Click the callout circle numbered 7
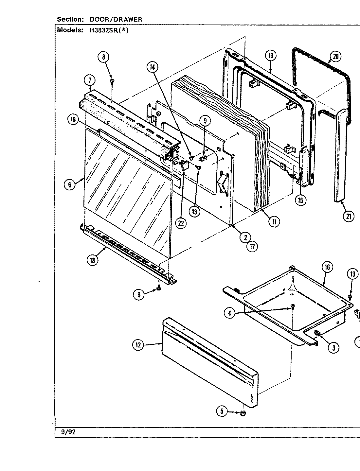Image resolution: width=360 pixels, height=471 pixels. tap(89, 80)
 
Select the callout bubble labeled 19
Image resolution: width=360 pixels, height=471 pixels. tap(73, 120)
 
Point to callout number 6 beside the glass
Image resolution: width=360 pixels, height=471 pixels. tap(70, 184)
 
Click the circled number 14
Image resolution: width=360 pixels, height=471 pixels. tap(152, 67)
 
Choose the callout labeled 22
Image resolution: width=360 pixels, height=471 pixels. tap(180, 223)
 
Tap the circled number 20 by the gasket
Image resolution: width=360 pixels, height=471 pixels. tap(335, 57)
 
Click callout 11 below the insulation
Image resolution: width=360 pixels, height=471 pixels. tap(274, 222)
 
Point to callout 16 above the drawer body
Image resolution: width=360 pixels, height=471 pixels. tap(327, 268)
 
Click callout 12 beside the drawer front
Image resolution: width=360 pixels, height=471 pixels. tap(139, 345)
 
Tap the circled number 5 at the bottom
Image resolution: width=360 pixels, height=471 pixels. tap(222, 411)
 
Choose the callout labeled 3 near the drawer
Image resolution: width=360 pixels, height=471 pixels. tap(333, 348)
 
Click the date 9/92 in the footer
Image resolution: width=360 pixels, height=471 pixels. tap(68, 432)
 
